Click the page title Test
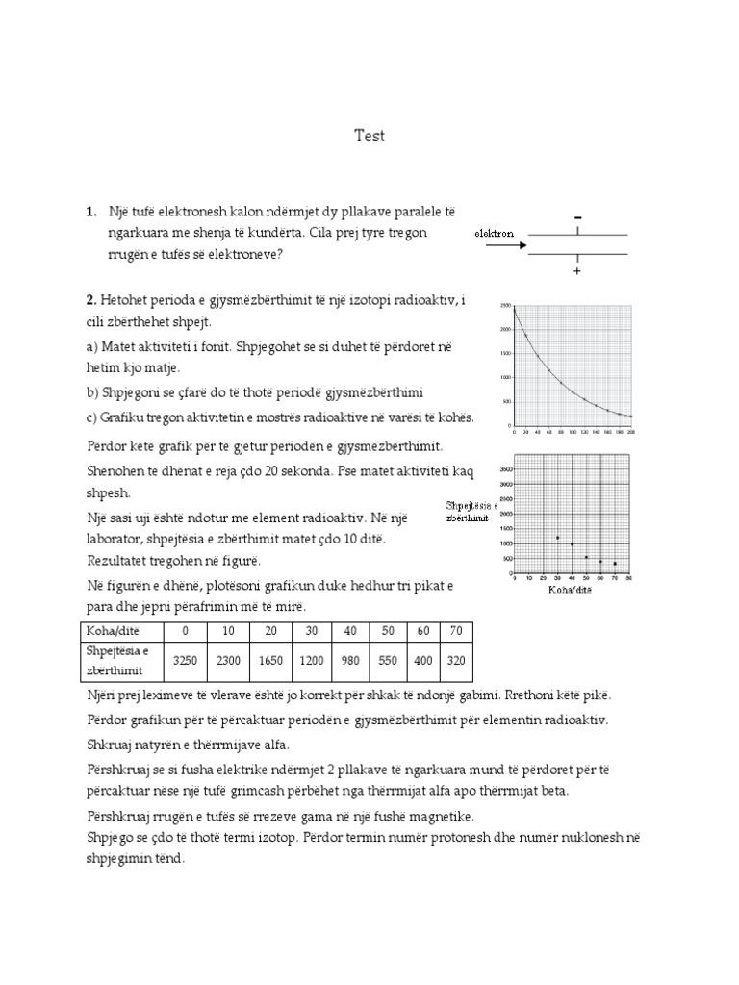(369, 136)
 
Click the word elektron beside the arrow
(494, 233)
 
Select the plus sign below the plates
(578, 273)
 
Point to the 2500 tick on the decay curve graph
(504, 305)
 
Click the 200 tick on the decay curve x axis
(630, 433)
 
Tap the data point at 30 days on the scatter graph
(558, 538)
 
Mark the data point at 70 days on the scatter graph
(615, 564)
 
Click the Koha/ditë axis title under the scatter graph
(571, 590)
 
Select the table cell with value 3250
(184, 662)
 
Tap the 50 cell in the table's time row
(385, 631)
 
